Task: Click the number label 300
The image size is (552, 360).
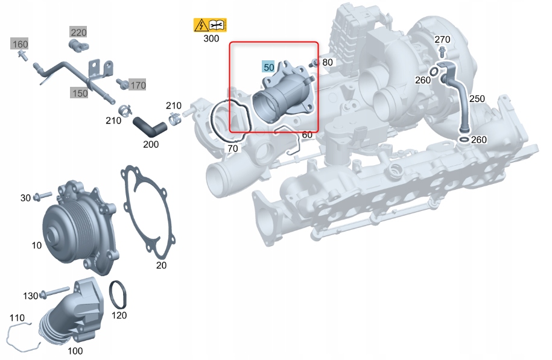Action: [211, 39]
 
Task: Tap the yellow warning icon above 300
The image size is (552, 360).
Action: [209, 25]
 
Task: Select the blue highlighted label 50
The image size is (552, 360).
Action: [268, 67]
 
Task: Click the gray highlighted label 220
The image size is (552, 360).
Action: [78, 32]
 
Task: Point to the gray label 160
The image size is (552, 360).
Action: [20, 44]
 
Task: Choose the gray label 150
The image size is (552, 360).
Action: [79, 93]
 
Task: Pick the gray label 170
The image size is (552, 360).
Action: [138, 86]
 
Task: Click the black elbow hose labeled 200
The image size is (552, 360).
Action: [148, 126]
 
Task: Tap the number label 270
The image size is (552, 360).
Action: [442, 39]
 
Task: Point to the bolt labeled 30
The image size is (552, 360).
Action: [42, 197]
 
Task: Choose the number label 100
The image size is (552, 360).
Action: [75, 351]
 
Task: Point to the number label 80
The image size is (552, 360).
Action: [327, 62]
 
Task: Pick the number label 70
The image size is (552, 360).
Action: [232, 148]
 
